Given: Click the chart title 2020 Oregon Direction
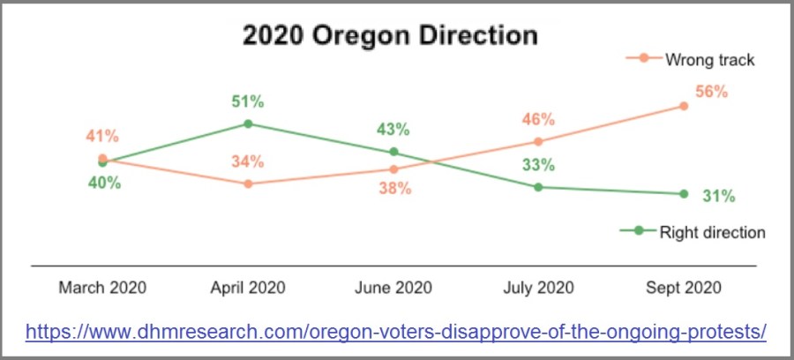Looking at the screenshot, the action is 390,36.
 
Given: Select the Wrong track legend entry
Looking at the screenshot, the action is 690,60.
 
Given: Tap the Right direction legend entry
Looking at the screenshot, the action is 693,232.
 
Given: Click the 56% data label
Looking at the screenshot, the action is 711,92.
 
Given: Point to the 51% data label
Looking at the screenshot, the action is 248,101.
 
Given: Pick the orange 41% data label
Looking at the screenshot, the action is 102,136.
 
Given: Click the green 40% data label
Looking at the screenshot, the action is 105,183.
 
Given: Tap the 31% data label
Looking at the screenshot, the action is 718,196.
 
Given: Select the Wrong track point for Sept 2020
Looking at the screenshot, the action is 684,106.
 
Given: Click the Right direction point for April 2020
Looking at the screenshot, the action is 248,124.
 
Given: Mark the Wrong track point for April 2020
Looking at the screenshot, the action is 248,184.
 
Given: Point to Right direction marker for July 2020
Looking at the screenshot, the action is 538,187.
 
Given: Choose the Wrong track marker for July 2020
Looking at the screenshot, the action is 538,141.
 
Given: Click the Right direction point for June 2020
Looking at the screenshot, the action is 393,152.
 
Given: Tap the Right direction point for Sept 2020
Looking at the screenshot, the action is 684,193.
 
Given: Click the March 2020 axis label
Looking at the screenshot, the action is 102,288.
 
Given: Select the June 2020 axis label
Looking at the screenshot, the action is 393,288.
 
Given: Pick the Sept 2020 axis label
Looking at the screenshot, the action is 684,288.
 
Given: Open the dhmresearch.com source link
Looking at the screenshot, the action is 396,332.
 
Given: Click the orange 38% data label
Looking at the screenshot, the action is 395,189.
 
